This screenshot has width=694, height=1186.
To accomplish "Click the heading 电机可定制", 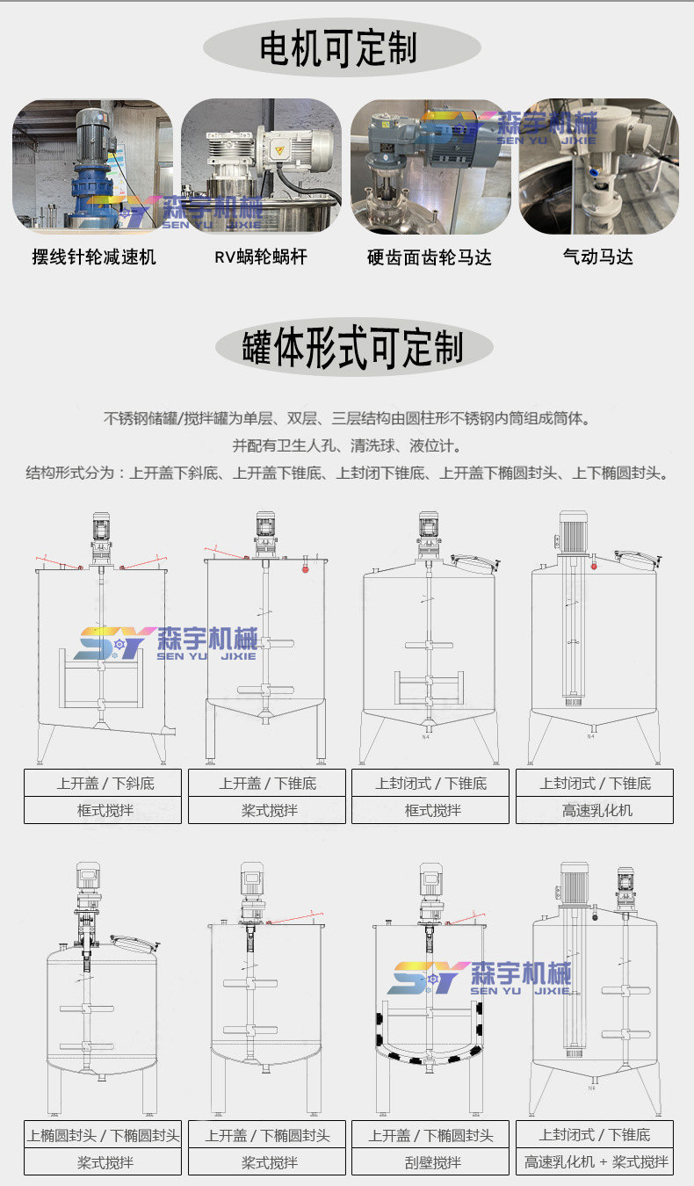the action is pyautogui.click(x=338, y=47).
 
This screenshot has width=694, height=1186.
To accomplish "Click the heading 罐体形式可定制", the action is pyautogui.click(x=352, y=347).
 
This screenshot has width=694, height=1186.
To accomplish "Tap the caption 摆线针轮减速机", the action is pyautogui.click(x=94, y=257).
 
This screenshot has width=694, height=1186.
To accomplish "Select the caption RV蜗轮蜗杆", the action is pyautogui.click(x=260, y=257).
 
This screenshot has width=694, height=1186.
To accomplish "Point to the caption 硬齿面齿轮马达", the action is pyautogui.click(x=430, y=257).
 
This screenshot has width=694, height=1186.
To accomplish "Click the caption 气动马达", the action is pyautogui.click(x=597, y=257).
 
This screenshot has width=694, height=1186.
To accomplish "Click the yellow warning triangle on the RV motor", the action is pyautogui.click(x=279, y=150).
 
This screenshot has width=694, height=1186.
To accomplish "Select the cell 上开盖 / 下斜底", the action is pyautogui.click(x=103, y=783).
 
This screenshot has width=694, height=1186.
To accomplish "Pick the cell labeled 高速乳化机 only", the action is pyautogui.click(x=595, y=810).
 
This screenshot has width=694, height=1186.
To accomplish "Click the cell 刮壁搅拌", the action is pyautogui.click(x=430, y=1162).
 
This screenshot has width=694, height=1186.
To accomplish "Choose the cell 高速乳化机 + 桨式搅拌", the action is pyautogui.click(x=595, y=1162).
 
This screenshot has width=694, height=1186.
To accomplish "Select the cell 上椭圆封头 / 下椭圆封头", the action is pyautogui.click(x=103, y=1134).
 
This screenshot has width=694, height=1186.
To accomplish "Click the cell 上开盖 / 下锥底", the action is pyautogui.click(x=267, y=783).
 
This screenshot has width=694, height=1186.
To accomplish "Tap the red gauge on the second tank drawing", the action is pyautogui.click(x=306, y=569).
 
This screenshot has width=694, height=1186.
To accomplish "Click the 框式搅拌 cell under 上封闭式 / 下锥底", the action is pyautogui.click(x=430, y=810).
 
